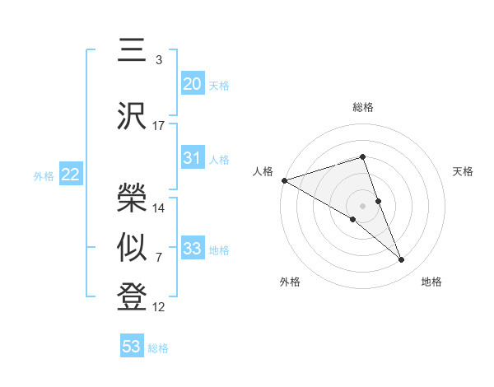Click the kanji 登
pyautogui.click(x=133, y=296)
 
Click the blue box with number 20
pyautogui.click(x=193, y=83)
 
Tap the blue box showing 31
pyautogui.click(x=193, y=158)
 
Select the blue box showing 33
pyautogui.click(x=193, y=249)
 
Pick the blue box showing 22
pyautogui.click(x=71, y=175)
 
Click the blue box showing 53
pyautogui.click(x=132, y=347)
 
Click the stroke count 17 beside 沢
pyautogui.click(x=159, y=126)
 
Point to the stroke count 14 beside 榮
pyautogui.click(x=159, y=208)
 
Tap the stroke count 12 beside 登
pyautogui.click(x=159, y=308)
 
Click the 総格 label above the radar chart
pyautogui.click(x=363, y=108)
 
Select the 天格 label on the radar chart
pyautogui.click(x=464, y=171)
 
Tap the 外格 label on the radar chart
pyautogui.click(x=290, y=282)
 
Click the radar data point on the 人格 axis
pyautogui.click(x=284, y=180)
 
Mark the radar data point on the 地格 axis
pyautogui.click(x=402, y=259)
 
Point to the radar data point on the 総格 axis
pyautogui.click(x=363, y=157)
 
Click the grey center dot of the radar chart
pyautogui.click(x=363, y=205)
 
